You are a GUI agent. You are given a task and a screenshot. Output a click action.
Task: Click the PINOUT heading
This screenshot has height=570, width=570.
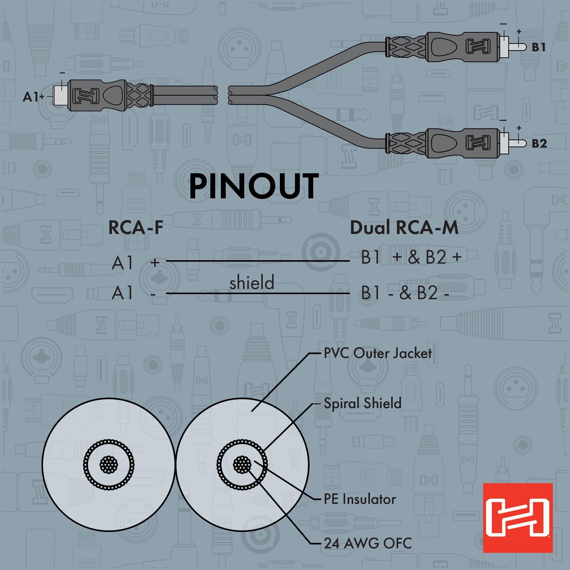254,186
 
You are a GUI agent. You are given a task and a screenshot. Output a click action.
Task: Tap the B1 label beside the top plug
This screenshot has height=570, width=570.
538,47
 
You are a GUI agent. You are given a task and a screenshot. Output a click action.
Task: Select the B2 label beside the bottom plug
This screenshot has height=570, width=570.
539,144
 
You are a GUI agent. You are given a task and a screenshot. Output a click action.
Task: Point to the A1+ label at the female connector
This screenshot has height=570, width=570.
33,97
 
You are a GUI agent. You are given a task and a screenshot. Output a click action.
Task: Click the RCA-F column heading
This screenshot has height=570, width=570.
136,228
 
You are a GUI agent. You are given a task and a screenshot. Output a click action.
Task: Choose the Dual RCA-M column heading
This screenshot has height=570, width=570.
404,228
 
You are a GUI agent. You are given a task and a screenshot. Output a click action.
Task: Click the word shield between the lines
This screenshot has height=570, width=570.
252,282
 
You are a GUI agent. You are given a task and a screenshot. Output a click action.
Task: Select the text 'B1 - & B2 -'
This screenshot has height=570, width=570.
405,293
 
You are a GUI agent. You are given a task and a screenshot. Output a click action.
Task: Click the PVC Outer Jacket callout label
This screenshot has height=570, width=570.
378,353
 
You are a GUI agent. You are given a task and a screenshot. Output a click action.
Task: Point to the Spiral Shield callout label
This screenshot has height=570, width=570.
363,403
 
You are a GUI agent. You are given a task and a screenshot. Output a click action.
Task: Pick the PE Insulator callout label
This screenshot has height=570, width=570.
360,499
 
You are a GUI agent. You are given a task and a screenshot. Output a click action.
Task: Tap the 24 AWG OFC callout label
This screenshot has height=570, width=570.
368,543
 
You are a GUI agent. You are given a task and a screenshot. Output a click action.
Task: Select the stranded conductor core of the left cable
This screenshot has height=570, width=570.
109,466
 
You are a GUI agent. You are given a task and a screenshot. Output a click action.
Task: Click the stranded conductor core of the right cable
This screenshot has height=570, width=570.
242,466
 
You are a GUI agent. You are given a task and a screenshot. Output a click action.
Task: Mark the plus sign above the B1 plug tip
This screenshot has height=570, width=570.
519,32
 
